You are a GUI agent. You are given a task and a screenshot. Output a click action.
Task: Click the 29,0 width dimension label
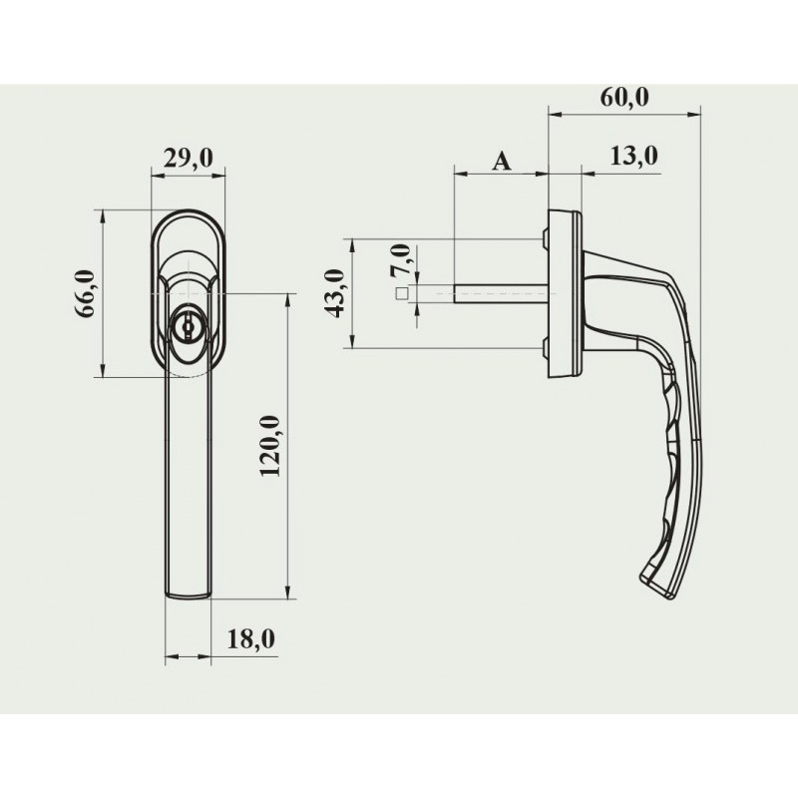point(189,159)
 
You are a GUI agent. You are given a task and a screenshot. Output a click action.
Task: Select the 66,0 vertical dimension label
point(86,293)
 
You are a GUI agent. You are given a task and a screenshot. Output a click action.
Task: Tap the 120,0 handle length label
point(269,446)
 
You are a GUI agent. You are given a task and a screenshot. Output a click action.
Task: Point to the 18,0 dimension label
point(251,639)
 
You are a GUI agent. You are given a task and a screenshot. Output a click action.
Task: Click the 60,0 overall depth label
point(624,97)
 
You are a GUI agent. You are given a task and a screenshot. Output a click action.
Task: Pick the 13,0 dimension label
point(633,156)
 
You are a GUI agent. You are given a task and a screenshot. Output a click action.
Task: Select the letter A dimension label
point(502,162)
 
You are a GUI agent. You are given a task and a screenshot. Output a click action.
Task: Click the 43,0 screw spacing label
point(335,293)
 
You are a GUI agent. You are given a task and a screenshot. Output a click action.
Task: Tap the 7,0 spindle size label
point(400,260)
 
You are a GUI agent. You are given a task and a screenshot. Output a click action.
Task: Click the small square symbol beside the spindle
point(402,293)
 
